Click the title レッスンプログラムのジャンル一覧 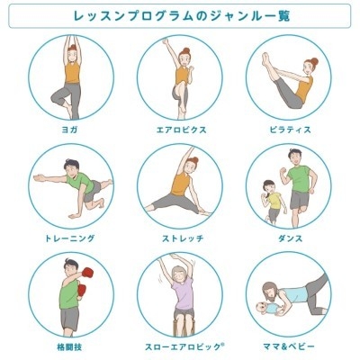click(x=180, y=16)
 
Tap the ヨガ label click(x=71, y=130)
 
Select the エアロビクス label click(x=180, y=130)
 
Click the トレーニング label click(x=71, y=238)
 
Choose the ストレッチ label click(x=180, y=238)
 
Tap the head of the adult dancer click(x=296, y=158)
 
